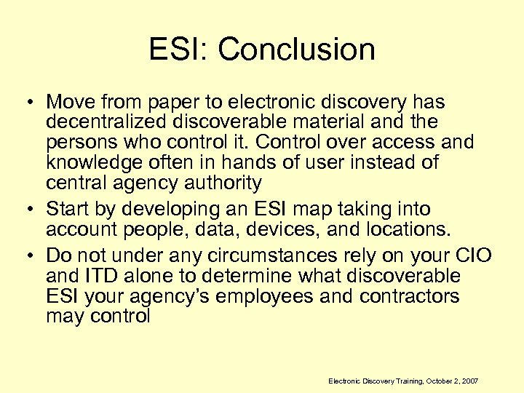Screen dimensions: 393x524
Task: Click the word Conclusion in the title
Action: click(296, 50)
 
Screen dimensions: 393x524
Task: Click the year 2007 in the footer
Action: click(469, 381)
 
